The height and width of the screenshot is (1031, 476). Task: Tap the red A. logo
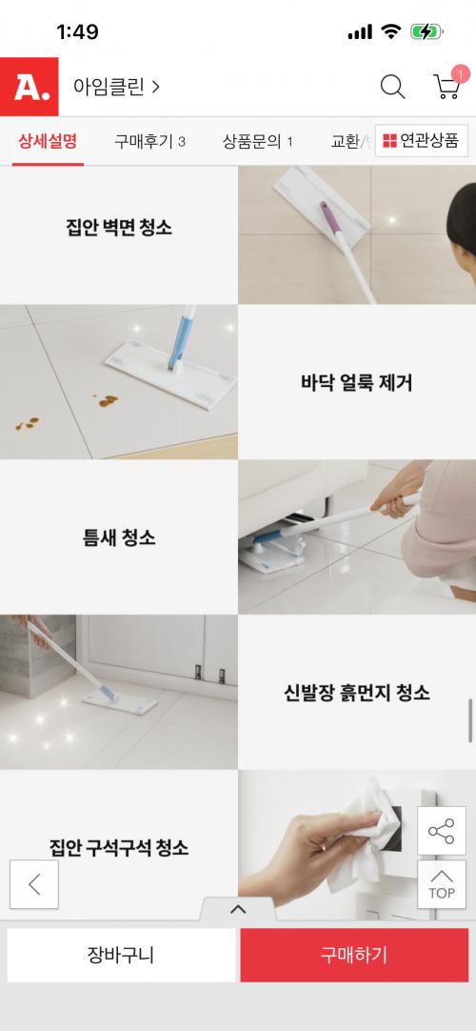click(29, 87)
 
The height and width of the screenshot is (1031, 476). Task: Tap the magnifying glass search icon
click(392, 87)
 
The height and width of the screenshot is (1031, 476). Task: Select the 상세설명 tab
click(48, 141)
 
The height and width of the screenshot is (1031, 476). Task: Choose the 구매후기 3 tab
click(149, 141)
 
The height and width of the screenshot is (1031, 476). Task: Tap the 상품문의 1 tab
click(257, 141)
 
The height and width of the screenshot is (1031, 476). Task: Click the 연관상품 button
click(421, 141)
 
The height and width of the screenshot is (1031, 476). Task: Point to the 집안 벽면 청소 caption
click(119, 228)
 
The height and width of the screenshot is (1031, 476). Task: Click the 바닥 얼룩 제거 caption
click(356, 383)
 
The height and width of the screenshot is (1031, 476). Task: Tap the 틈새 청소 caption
click(119, 537)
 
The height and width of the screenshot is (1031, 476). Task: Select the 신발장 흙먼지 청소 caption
click(356, 693)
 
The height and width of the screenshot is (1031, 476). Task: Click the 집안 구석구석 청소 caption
click(119, 847)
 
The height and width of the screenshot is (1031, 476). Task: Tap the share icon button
click(441, 831)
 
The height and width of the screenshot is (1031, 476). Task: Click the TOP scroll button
click(441, 884)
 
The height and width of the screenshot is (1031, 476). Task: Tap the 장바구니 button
click(122, 956)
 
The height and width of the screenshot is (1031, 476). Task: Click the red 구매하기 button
click(354, 956)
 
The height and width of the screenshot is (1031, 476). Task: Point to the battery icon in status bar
click(426, 31)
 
